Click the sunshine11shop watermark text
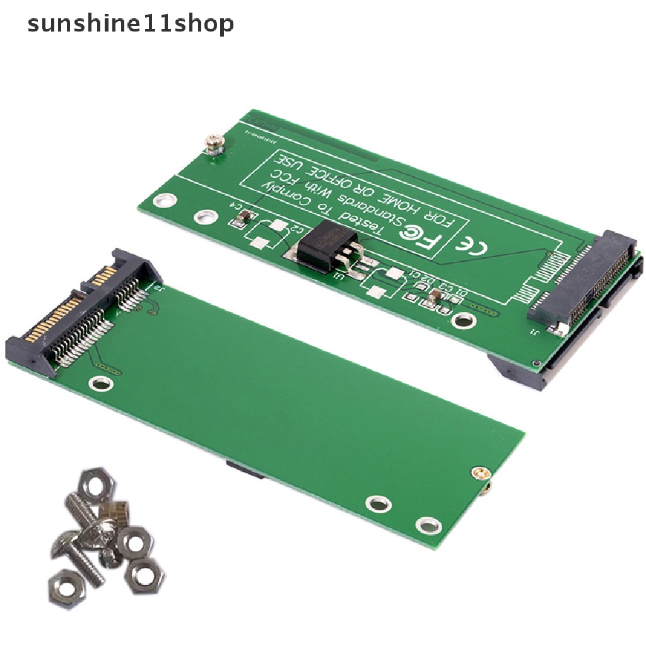pos(131,24)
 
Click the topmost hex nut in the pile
pos(97,485)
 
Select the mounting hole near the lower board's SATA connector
pos(99,382)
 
